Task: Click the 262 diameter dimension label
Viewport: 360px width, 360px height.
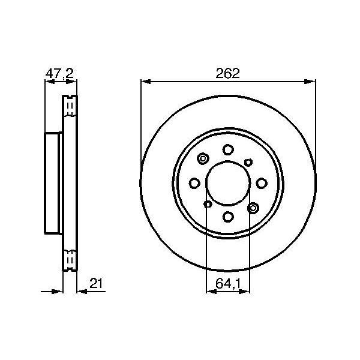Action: [x=227, y=73]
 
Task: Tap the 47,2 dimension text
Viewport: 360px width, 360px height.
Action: [x=59, y=74]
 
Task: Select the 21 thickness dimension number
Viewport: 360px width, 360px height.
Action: [x=96, y=283]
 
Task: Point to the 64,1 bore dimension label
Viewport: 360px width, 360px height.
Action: [x=228, y=284]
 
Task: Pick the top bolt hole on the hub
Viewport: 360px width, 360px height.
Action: [x=228, y=150]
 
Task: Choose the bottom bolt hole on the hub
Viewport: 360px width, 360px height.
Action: [x=228, y=217]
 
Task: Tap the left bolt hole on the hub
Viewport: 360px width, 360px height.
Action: [x=194, y=183]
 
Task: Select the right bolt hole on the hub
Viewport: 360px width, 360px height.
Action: [x=262, y=183]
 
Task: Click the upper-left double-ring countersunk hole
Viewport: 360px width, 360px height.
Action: [x=203, y=158]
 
